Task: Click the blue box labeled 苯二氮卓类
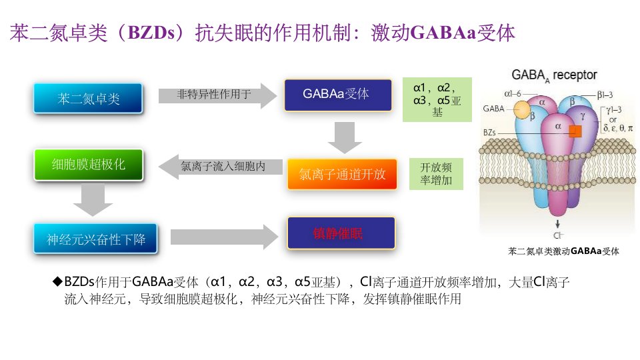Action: [x=88, y=99]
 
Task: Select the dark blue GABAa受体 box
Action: [x=338, y=95]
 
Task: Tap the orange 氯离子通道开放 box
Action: [x=342, y=174]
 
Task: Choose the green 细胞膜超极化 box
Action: [x=89, y=165]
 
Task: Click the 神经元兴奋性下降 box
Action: [x=95, y=239]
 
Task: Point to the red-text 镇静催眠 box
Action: [x=341, y=233]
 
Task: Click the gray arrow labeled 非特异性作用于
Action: [x=217, y=95]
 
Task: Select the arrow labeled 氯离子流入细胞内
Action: [x=221, y=167]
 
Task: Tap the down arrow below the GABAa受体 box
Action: [x=345, y=137]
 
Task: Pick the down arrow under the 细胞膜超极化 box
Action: [x=93, y=200]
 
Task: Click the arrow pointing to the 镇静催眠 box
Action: [x=225, y=237]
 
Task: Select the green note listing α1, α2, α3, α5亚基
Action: [x=437, y=99]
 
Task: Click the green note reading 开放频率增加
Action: [x=436, y=174]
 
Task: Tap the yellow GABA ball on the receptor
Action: [x=521, y=109]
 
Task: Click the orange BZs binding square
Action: [x=575, y=131]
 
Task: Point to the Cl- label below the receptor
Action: [x=558, y=235]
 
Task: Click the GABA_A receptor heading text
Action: [x=554, y=75]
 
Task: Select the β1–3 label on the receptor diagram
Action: [x=605, y=95]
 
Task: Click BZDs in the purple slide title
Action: [x=151, y=33]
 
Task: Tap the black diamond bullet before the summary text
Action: [x=58, y=281]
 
